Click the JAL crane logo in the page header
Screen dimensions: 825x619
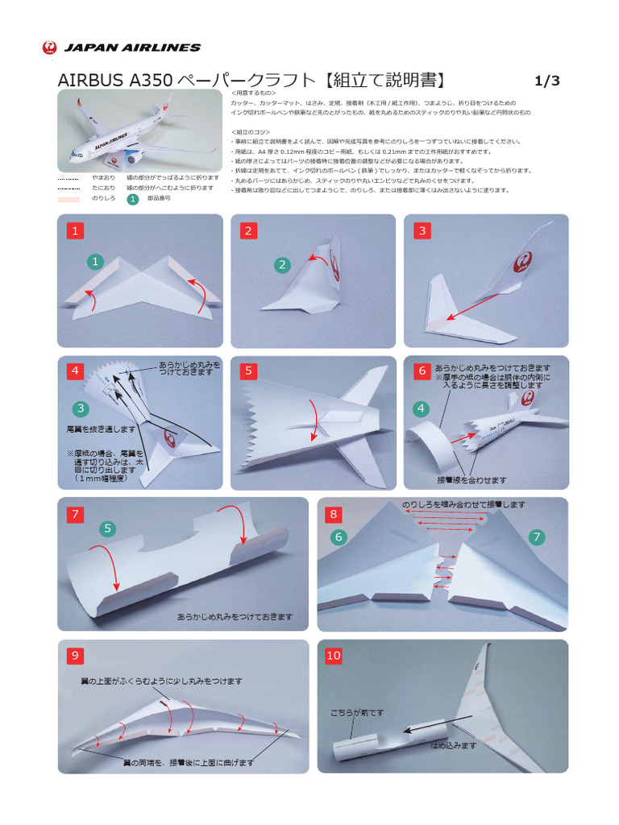coord(49,48)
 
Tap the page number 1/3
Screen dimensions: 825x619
coord(546,81)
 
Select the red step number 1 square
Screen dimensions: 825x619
coord(76,231)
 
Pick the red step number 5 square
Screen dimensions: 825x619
coord(249,371)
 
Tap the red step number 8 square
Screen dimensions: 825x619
coord(334,514)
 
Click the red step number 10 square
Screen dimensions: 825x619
coord(334,656)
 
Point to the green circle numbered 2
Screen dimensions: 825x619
coord(282,264)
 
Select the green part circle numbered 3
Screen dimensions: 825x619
coord(81,408)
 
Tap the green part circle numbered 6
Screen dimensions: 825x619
coord(339,537)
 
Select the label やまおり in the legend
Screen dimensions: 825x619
coord(103,177)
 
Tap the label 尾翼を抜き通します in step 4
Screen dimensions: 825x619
coord(102,429)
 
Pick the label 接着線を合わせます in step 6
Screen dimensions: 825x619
coord(472,480)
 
